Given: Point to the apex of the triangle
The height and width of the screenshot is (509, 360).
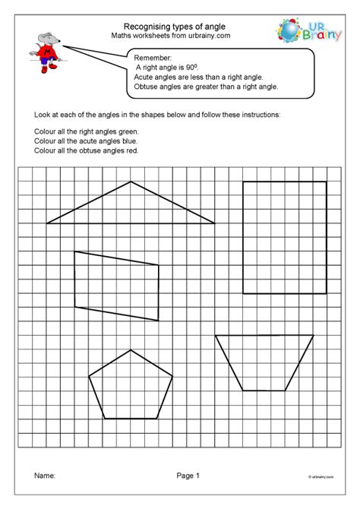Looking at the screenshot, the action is (x=131, y=182).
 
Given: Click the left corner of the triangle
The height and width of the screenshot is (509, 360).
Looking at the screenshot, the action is (x=47, y=223).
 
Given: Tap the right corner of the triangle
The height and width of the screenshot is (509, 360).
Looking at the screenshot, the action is (x=215, y=223).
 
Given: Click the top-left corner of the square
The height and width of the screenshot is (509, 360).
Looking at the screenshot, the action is (x=243, y=182).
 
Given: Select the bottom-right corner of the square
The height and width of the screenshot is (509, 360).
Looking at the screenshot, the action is (x=327, y=293).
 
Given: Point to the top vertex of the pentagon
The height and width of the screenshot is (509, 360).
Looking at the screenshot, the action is (x=131, y=349).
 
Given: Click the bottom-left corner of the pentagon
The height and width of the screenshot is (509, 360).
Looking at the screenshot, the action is (x=103, y=419).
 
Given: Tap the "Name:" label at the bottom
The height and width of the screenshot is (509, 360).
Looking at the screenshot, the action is (x=45, y=476).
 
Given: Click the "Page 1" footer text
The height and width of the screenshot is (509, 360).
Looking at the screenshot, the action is (x=187, y=476).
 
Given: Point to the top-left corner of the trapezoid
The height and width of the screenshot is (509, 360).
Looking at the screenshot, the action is (x=215, y=335).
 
